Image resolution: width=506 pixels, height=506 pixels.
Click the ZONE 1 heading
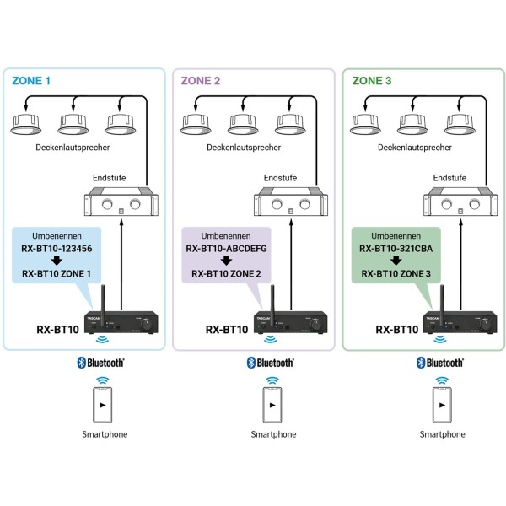(x=32, y=81)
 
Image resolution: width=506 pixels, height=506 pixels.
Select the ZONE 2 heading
(x=201, y=81)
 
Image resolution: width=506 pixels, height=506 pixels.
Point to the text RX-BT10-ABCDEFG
(x=225, y=249)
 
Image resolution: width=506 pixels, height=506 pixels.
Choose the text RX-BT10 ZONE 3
(x=396, y=273)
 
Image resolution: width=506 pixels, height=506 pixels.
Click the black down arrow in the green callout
(x=396, y=261)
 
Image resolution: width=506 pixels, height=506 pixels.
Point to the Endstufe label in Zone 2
(x=280, y=178)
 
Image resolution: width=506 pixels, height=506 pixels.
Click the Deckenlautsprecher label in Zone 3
(x=414, y=147)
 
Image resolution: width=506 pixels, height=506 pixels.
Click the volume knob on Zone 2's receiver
(x=319, y=324)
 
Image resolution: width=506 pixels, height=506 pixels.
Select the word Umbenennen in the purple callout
(x=225, y=236)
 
